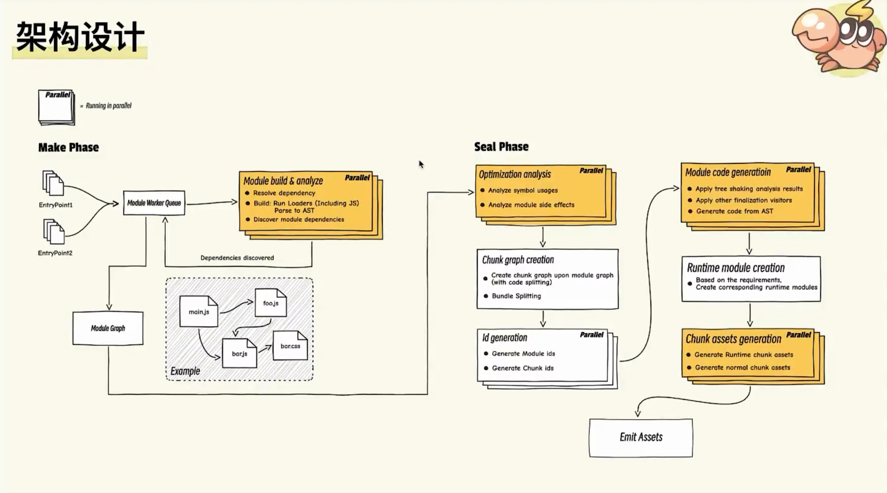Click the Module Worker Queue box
coord(154,203)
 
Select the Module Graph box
coord(108,328)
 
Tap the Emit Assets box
coord(641,437)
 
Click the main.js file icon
coord(199,311)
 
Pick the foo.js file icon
coord(271,303)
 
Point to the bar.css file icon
coord(290,346)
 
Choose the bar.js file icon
coord(239,353)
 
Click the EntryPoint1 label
coord(55,205)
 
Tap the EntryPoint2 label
coord(55,253)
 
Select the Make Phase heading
coord(68,147)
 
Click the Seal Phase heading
coord(501,147)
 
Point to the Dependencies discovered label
coord(237,258)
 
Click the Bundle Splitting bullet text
coord(516,296)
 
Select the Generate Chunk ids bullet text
coord(523,368)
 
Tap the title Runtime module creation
coord(735,268)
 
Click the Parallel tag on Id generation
coord(591,335)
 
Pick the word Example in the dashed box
coord(185,371)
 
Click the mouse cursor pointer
coord(421,164)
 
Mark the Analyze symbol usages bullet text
coord(523,191)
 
